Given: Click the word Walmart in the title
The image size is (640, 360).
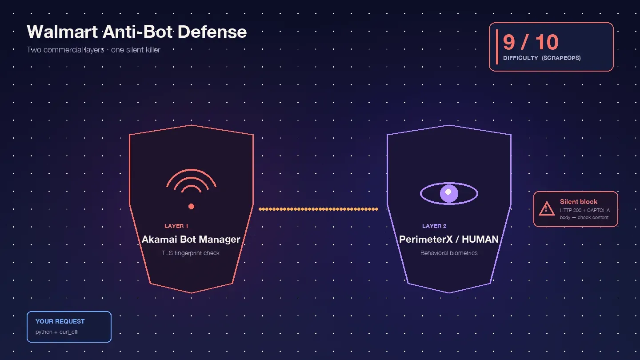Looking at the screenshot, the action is [62, 32].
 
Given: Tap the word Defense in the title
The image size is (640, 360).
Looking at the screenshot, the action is [212, 32].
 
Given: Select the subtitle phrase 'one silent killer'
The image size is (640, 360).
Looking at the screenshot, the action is [136, 50].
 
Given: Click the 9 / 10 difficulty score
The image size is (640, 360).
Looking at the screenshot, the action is [531, 42].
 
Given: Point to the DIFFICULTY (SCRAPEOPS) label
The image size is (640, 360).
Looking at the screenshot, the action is [542, 58].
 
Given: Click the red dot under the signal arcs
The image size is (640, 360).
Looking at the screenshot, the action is [192, 206].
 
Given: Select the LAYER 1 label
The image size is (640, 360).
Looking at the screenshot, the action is [176, 226].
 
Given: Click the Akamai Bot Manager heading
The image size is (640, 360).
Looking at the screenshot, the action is [191, 239].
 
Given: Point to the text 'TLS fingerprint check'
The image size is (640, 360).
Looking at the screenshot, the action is [191, 253].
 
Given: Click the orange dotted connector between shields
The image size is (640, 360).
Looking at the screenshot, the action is [318, 209].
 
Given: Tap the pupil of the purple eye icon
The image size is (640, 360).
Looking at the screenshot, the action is [449, 193].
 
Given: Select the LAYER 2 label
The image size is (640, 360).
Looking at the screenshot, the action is [434, 226].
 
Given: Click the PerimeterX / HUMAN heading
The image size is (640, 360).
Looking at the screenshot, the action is [449, 239].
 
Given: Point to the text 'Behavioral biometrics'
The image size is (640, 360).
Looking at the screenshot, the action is [449, 253].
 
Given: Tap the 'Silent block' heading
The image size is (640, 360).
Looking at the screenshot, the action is [579, 202].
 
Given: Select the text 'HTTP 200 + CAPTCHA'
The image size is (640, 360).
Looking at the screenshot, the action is [584, 210].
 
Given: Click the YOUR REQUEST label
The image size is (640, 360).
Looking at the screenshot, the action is [60, 321].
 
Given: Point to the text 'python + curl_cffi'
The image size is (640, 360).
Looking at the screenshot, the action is [57, 332].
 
